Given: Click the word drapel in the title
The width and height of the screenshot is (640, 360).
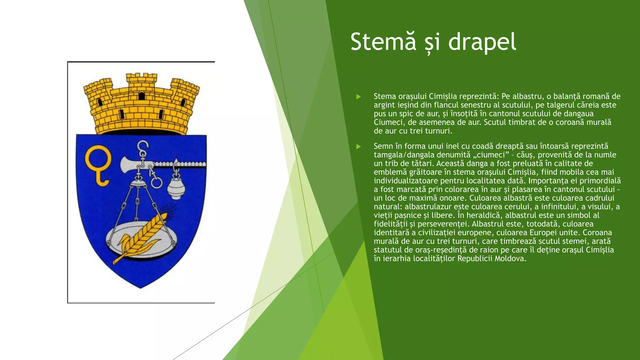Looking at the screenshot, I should point(482,42).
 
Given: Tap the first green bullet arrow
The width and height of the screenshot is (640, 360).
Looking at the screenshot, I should point(358,97).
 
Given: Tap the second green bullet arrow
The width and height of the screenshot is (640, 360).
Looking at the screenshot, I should point(358,146).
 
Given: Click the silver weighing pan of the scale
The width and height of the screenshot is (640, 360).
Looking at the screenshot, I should point(141,241).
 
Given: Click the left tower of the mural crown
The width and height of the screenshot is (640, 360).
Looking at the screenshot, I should point(98,94).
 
